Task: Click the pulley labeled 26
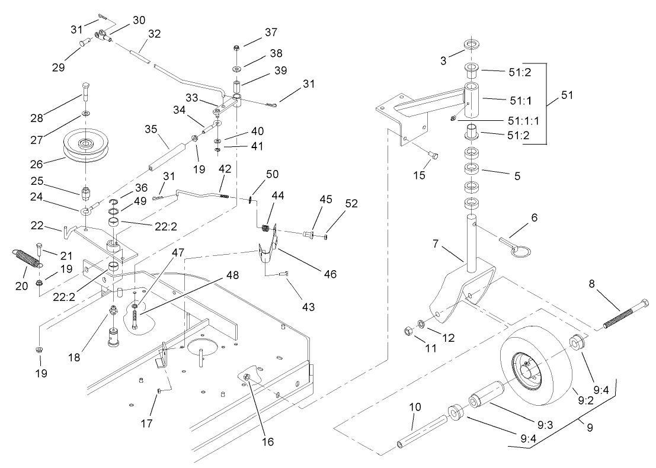coord(86,146)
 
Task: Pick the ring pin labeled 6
coord(507,243)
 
